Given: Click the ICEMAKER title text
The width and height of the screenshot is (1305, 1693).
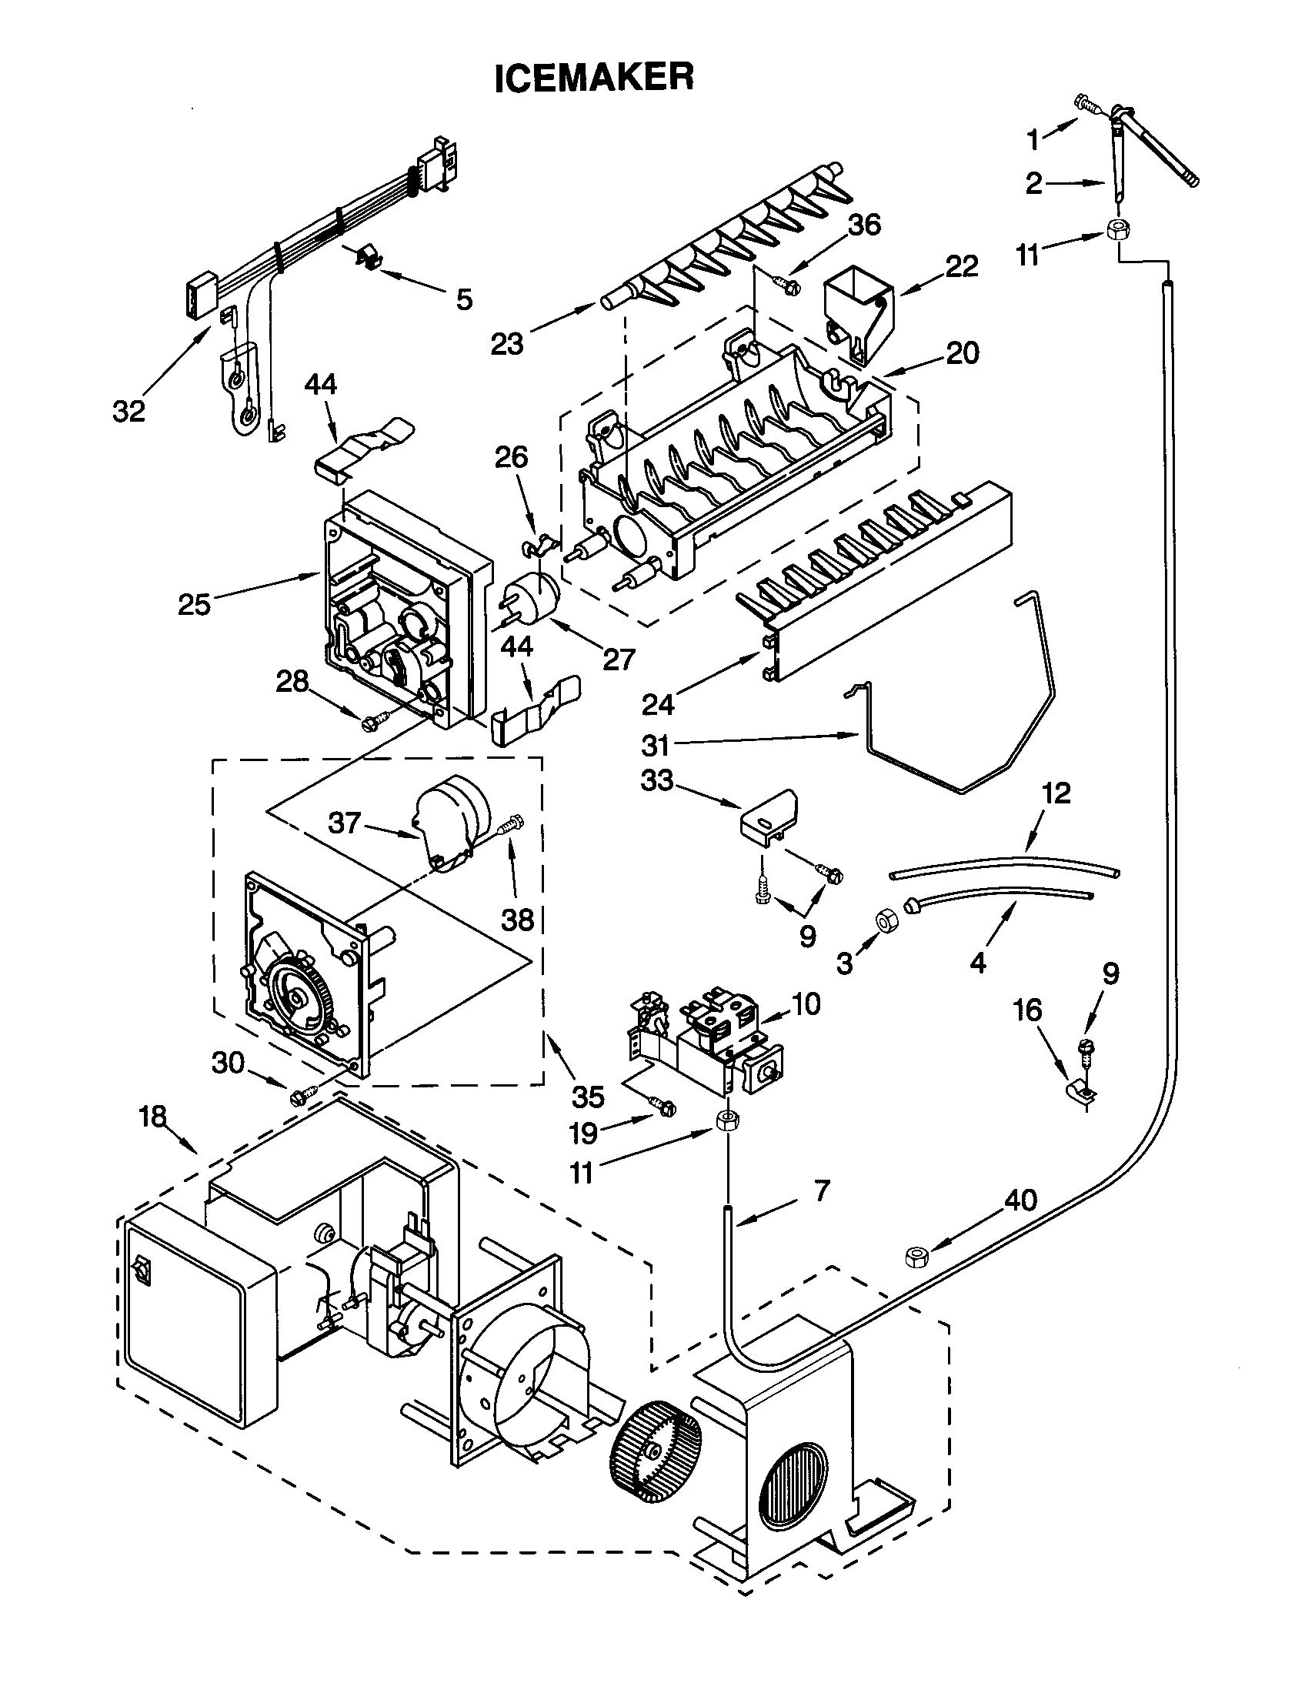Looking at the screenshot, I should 593,78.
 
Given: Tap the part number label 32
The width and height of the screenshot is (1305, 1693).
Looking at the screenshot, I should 128,411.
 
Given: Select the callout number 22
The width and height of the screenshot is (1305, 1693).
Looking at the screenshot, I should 961,266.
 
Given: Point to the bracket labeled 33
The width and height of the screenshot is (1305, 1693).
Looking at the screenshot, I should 769,820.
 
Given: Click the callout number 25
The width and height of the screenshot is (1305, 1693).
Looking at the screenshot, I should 194,604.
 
